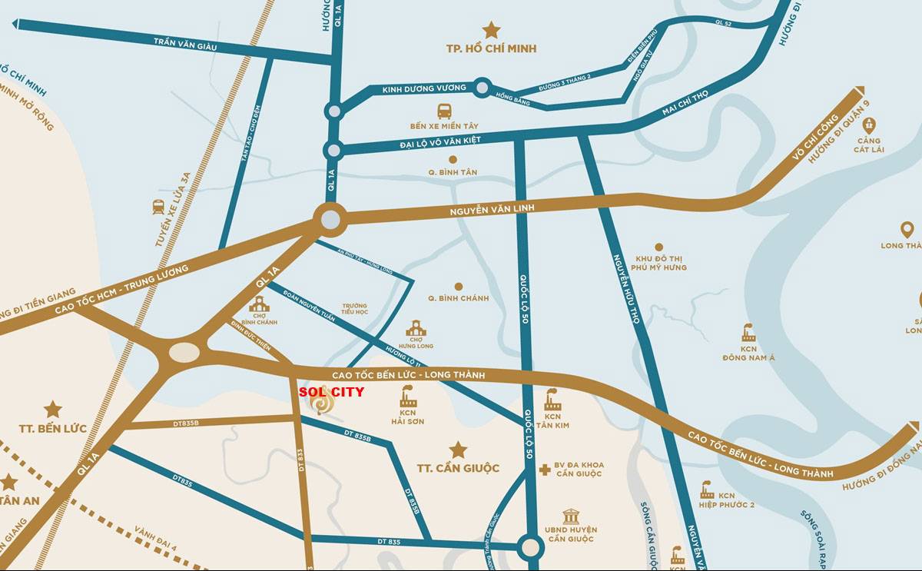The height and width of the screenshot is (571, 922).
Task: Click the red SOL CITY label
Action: (x=331, y=391)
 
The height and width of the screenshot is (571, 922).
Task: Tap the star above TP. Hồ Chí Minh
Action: (x=491, y=30)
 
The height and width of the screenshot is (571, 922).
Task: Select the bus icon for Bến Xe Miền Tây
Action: (x=445, y=111)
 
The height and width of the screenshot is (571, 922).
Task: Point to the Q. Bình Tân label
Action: (x=453, y=172)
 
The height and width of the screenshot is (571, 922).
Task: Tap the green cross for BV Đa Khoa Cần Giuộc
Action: (x=545, y=469)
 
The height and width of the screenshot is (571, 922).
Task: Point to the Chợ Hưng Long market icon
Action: (x=416, y=328)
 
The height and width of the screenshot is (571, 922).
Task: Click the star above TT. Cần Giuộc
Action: (x=458, y=450)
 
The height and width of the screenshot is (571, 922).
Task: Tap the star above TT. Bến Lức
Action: (x=52, y=409)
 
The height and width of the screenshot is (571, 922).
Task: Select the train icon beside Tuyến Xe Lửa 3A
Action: (x=158, y=207)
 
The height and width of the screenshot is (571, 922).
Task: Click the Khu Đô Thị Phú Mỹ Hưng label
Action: (x=659, y=263)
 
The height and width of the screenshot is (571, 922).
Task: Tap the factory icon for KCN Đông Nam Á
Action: (x=748, y=334)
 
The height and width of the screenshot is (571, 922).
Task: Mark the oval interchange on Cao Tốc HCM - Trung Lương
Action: (x=184, y=353)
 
